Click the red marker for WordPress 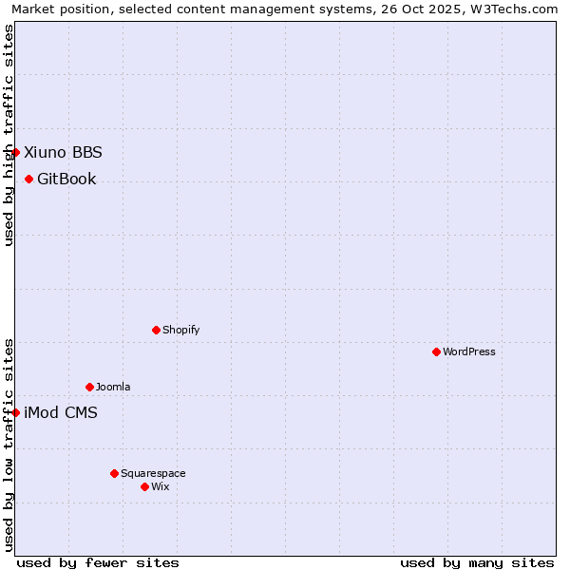[x=436, y=351]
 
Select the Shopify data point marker [x=156, y=330]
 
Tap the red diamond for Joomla [x=89, y=387]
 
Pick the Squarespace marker [x=114, y=473]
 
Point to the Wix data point [x=144, y=486]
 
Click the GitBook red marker [x=28, y=179]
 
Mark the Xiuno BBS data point [x=15, y=152]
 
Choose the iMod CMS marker [x=15, y=412]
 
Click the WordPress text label [x=469, y=351]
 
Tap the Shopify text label [x=180, y=330]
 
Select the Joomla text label [x=113, y=387]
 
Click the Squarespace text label [x=153, y=473]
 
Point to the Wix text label [x=161, y=486]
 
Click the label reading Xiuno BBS [x=63, y=152]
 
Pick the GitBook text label [x=66, y=179]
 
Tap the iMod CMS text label [x=61, y=412]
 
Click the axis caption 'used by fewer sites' [x=98, y=562]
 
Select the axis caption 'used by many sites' [x=477, y=562]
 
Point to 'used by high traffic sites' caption [x=9, y=135]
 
